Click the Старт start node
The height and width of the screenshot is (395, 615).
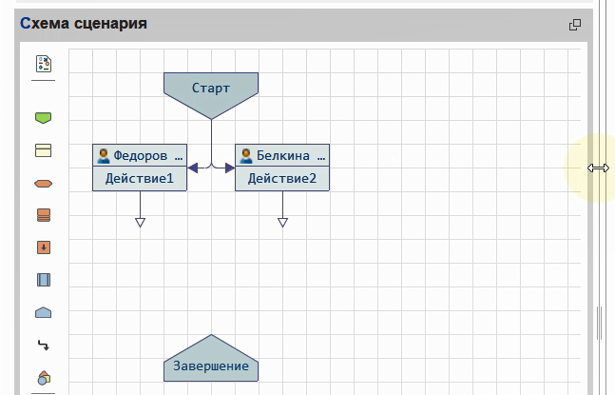click(210, 89)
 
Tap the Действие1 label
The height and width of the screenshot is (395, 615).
click(140, 178)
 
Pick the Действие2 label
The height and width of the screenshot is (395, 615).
click(282, 178)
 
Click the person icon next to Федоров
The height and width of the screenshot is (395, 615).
click(104, 155)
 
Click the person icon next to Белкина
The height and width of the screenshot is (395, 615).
click(246, 155)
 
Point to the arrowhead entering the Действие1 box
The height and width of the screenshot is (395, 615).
click(193, 168)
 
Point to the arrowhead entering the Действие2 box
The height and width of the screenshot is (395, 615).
click(229, 168)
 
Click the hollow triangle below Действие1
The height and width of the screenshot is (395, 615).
click(140, 222)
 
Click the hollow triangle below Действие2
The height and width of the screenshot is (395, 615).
click(282, 222)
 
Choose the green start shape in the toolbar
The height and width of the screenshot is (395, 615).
click(43, 118)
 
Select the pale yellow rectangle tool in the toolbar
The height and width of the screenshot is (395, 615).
click(43, 150)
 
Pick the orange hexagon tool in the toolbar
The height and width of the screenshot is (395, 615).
click(43, 184)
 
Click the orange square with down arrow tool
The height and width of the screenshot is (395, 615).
click(43, 247)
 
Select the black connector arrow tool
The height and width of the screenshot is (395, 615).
click(43, 345)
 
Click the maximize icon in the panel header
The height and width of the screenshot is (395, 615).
click(574, 25)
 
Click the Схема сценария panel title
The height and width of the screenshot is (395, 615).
click(84, 23)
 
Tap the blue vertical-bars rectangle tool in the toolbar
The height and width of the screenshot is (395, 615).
click(43, 280)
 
